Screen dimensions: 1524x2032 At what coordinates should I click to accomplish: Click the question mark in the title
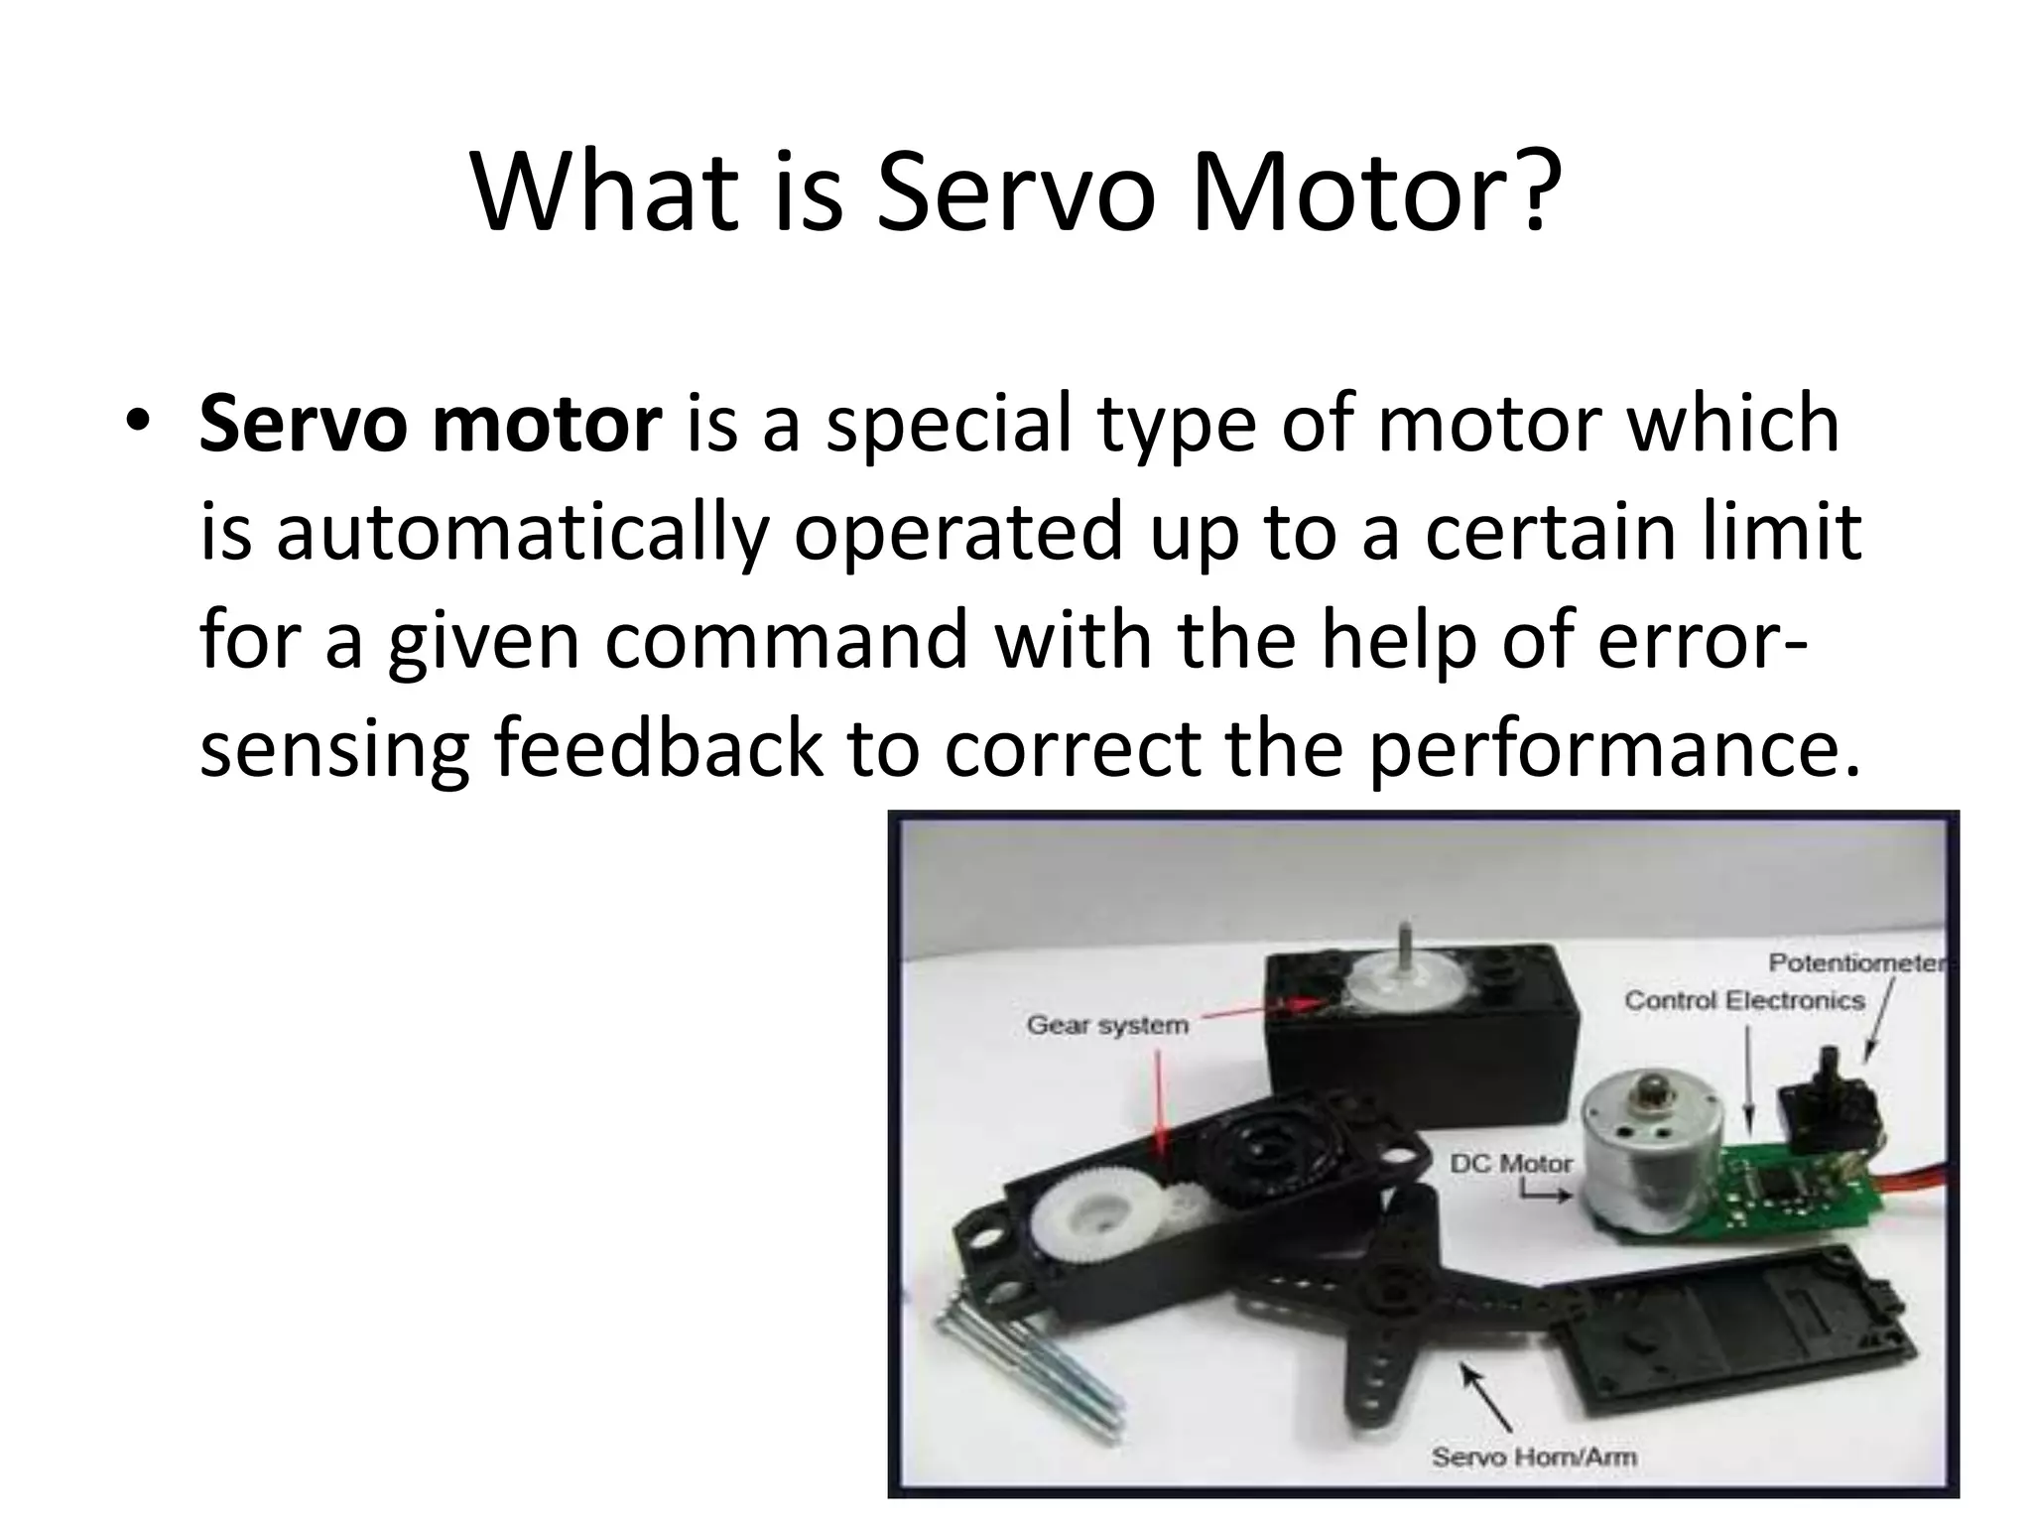pos(1533,193)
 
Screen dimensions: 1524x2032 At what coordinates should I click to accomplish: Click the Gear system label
pos(1106,1025)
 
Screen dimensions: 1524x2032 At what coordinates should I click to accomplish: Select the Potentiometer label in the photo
pos(1855,963)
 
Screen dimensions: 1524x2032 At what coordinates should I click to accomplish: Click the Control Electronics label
pos(1743,1000)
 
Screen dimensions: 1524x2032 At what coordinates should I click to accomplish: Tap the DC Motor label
pos(1510,1164)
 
